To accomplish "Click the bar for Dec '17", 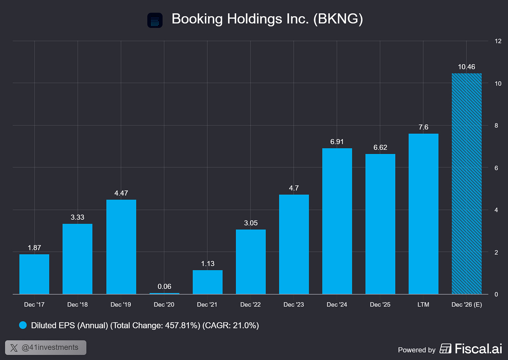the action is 34,274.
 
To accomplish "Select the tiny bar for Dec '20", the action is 164,294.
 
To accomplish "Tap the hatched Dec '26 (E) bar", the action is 466,183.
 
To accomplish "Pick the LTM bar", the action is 424,214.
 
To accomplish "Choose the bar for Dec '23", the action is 294,245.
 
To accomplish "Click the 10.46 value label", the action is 466,67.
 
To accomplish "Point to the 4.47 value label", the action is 121,193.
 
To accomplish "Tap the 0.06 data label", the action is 164,286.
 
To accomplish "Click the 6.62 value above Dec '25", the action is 380,148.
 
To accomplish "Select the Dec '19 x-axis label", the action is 121,305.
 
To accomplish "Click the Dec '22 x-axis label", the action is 251,305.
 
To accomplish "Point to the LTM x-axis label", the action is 424,305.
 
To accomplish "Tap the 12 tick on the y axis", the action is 498,41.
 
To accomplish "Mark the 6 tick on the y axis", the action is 496,168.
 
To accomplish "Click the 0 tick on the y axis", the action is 496,294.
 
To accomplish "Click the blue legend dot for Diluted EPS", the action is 23,325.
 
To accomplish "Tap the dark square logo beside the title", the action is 155,20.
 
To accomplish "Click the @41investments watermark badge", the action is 46,347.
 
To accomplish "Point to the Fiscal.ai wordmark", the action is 479,349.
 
